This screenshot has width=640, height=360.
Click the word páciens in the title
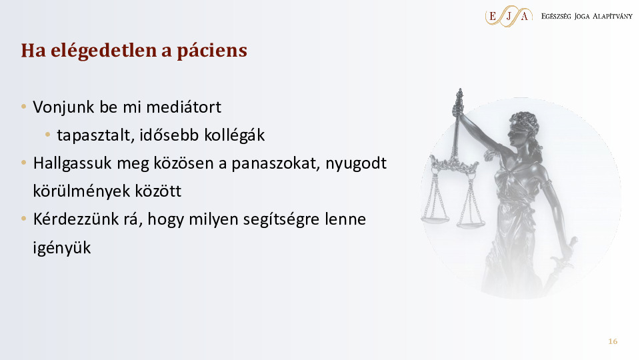point(212,51)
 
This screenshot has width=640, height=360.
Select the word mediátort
point(184,107)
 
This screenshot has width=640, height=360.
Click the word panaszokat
point(275,163)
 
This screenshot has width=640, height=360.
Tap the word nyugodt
point(356,163)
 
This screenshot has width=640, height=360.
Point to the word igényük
point(62,248)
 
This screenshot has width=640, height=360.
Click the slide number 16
point(613,341)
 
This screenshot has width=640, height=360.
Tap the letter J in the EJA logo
point(509,16)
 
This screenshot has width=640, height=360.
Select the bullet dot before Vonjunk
point(24,107)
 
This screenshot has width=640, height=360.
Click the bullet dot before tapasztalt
point(48,134)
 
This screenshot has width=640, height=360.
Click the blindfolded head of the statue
point(523,130)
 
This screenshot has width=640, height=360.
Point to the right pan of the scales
point(471,223)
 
